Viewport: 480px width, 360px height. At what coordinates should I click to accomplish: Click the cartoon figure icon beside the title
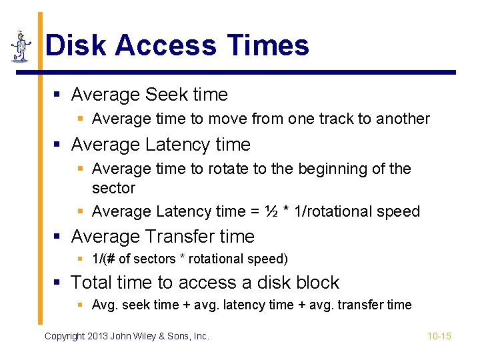(21, 46)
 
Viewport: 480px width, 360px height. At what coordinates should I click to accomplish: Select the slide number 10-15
(439, 336)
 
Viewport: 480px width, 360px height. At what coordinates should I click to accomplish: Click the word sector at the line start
(113, 188)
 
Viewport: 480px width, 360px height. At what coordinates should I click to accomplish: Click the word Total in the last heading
(93, 283)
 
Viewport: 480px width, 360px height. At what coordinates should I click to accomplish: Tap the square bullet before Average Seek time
(59, 95)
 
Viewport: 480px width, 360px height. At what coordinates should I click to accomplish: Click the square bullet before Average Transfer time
(59, 237)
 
